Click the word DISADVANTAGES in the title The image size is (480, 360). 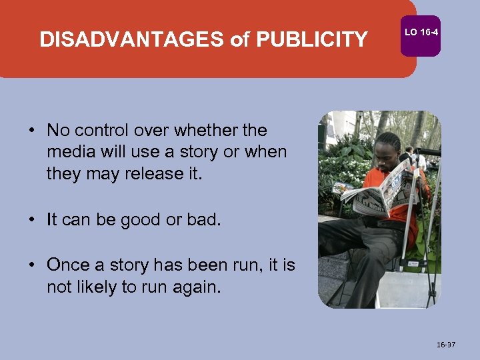pos(132,40)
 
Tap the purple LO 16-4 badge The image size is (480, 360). pos(420,32)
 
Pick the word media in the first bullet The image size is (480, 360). pos(68,152)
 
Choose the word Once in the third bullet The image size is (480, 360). pos(65,265)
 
